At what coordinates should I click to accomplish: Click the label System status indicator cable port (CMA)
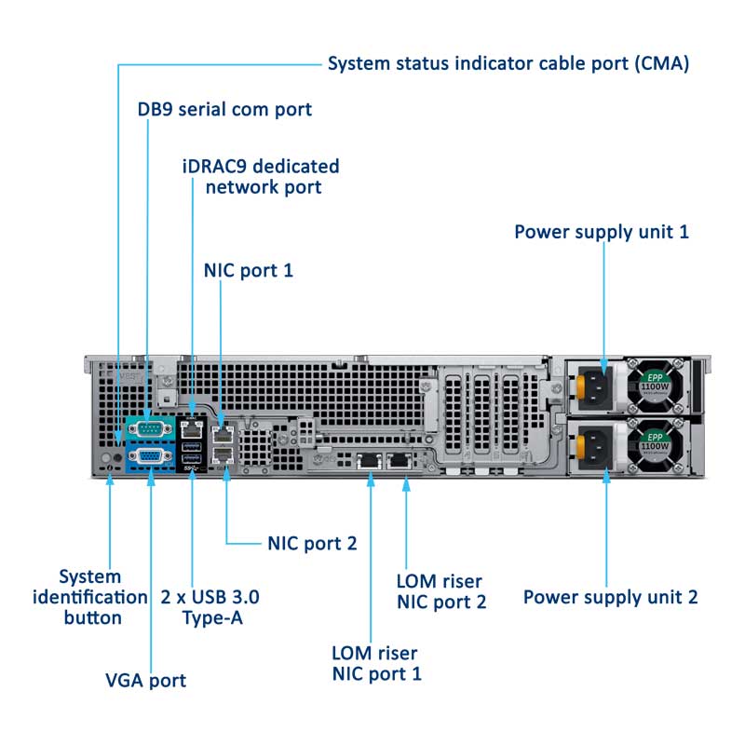[x=508, y=64]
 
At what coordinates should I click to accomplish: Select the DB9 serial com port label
[x=224, y=110]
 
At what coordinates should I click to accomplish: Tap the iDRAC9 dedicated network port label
[x=261, y=177]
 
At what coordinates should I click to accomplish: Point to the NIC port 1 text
[x=249, y=271]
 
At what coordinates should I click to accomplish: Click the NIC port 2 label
[x=312, y=543]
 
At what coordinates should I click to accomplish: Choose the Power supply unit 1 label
[x=602, y=232]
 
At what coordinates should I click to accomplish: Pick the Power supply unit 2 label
[x=610, y=597]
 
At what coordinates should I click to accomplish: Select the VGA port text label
[x=145, y=680]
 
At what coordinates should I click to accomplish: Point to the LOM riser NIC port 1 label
[x=376, y=662]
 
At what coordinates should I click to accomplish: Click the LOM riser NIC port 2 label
[x=441, y=591]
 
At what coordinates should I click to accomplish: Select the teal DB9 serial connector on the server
[x=148, y=428]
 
